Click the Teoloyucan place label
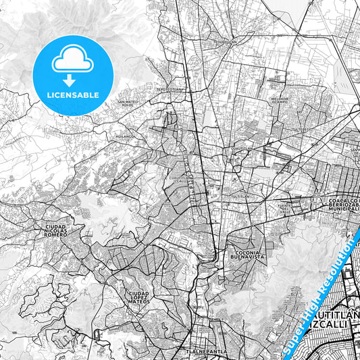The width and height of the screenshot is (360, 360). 226,41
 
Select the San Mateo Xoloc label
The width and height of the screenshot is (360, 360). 129,103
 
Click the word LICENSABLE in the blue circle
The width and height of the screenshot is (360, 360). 72,95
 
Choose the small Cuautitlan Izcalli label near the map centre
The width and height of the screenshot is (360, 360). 177,179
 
